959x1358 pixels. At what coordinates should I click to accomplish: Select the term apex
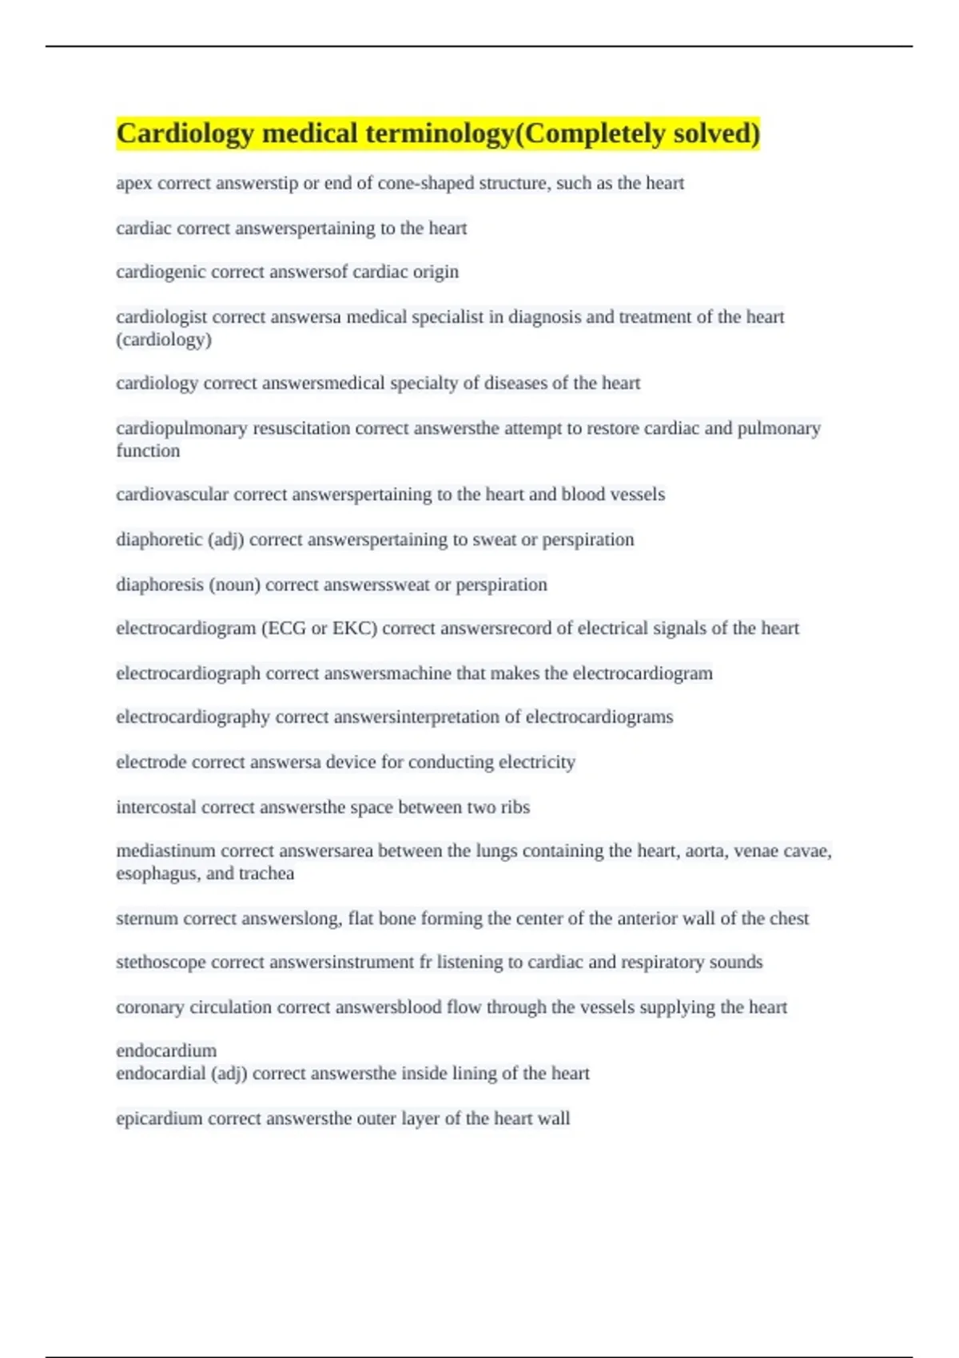point(133,184)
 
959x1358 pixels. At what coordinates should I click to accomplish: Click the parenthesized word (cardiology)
point(164,339)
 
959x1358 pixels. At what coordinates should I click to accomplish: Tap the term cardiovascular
point(172,494)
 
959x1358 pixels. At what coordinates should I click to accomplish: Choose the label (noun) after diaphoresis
point(234,585)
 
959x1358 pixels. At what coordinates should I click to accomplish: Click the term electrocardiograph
point(188,673)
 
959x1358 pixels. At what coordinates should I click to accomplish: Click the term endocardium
point(166,1050)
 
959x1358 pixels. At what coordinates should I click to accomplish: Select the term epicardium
point(159,1118)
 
